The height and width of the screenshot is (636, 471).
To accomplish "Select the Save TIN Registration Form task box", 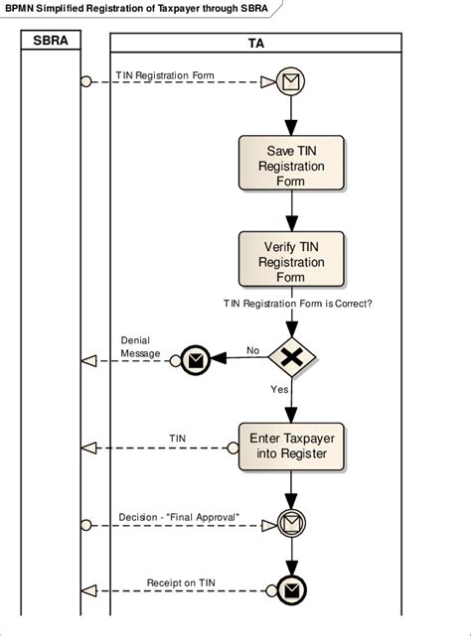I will [x=290, y=162].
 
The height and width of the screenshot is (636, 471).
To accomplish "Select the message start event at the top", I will [x=290, y=83].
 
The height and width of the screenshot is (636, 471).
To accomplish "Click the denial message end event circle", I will [x=195, y=361].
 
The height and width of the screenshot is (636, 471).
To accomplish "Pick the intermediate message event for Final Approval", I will [x=290, y=522].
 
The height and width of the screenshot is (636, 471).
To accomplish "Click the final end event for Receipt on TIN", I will [x=290, y=591].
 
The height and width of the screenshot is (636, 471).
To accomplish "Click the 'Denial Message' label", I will [x=141, y=346].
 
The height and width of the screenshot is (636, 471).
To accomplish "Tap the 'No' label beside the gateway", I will [x=252, y=350].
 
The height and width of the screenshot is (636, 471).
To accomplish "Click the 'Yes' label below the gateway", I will [x=279, y=389].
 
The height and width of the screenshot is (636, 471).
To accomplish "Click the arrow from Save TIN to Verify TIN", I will [x=290, y=210].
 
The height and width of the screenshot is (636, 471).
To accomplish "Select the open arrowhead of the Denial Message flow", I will [x=87, y=361].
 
